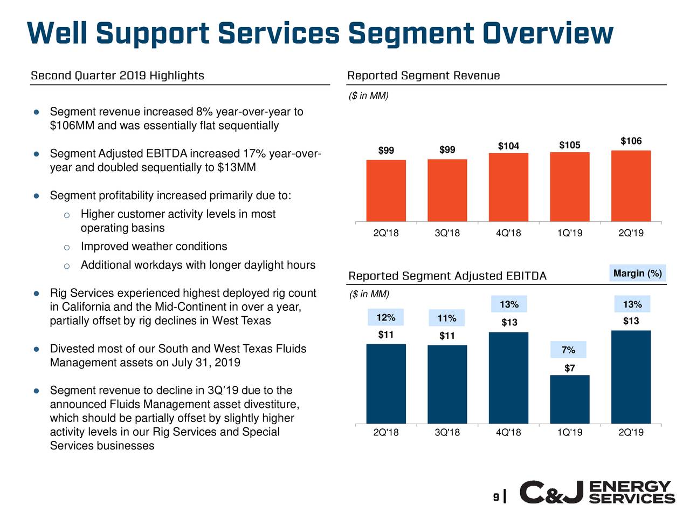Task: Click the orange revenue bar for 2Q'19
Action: (x=631, y=186)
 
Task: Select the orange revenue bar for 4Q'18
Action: (x=508, y=187)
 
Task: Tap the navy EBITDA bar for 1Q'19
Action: (x=570, y=399)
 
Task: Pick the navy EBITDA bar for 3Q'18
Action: (x=447, y=384)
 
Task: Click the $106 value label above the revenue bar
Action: (x=631, y=141)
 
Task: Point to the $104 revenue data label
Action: (x=508, y=146)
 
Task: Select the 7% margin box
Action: (x=568, y=350)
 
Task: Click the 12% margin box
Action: (x=385, y=317)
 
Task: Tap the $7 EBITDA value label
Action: (x=570, y=369)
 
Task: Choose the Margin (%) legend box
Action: (x=637, y=274)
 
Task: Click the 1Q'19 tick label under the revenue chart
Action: (x=570, y=233)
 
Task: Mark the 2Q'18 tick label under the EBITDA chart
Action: (x=386, y=432)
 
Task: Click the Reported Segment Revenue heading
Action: (x=423, y=76)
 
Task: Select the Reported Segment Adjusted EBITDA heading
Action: (x=447, y=276)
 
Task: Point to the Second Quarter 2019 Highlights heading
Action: (x=118, y=76)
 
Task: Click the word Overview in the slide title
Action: (x=548, y=33)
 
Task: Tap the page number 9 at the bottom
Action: (x=495, y=496)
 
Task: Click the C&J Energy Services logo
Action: (x=597, y=492)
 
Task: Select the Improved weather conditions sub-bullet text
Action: (x=154, y=247)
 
